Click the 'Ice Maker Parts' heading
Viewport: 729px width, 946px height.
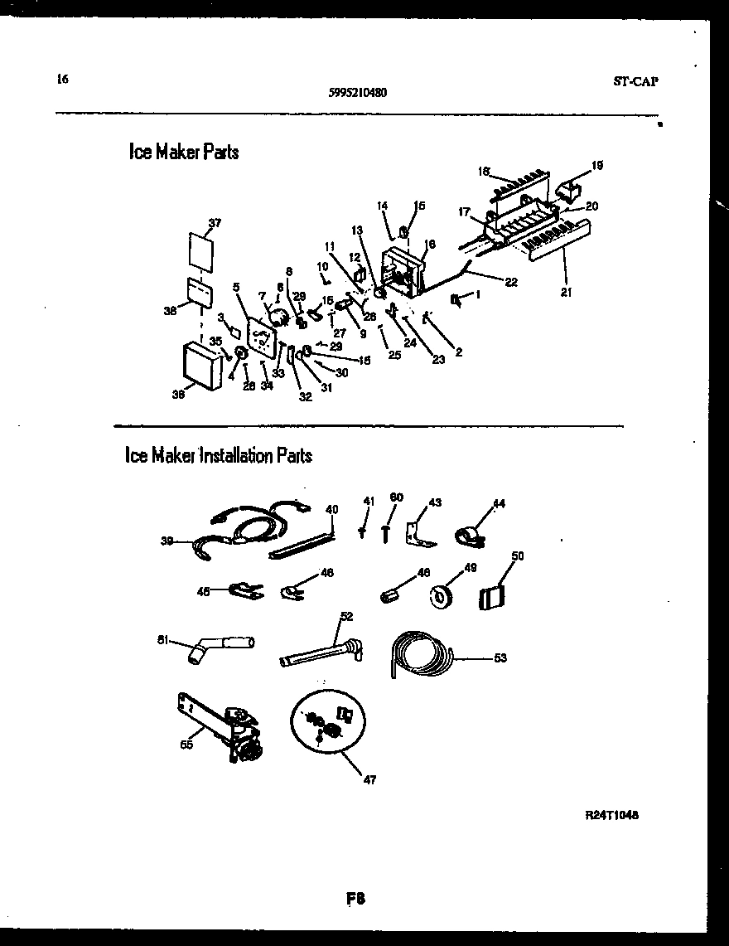[x=184, y=152]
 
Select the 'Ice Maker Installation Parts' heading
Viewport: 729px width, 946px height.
[x=218, y=455]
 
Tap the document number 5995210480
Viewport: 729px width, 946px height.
[x=357, y=93]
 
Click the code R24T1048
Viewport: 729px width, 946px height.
[x=611, y=815]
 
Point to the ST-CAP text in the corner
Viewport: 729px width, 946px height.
[x=642, y=81]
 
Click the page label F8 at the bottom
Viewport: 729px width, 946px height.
[x=356, y=898]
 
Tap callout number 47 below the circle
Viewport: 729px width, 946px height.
[x=369, y=779]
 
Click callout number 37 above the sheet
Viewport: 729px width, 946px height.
[x=215, y=223]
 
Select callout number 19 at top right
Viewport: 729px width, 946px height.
[x=597, y=165]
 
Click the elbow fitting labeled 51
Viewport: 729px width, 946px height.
[x=215, y=646]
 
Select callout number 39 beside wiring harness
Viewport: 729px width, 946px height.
[x=167, y=541]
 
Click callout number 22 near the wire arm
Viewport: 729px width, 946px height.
[x=511, y=282]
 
